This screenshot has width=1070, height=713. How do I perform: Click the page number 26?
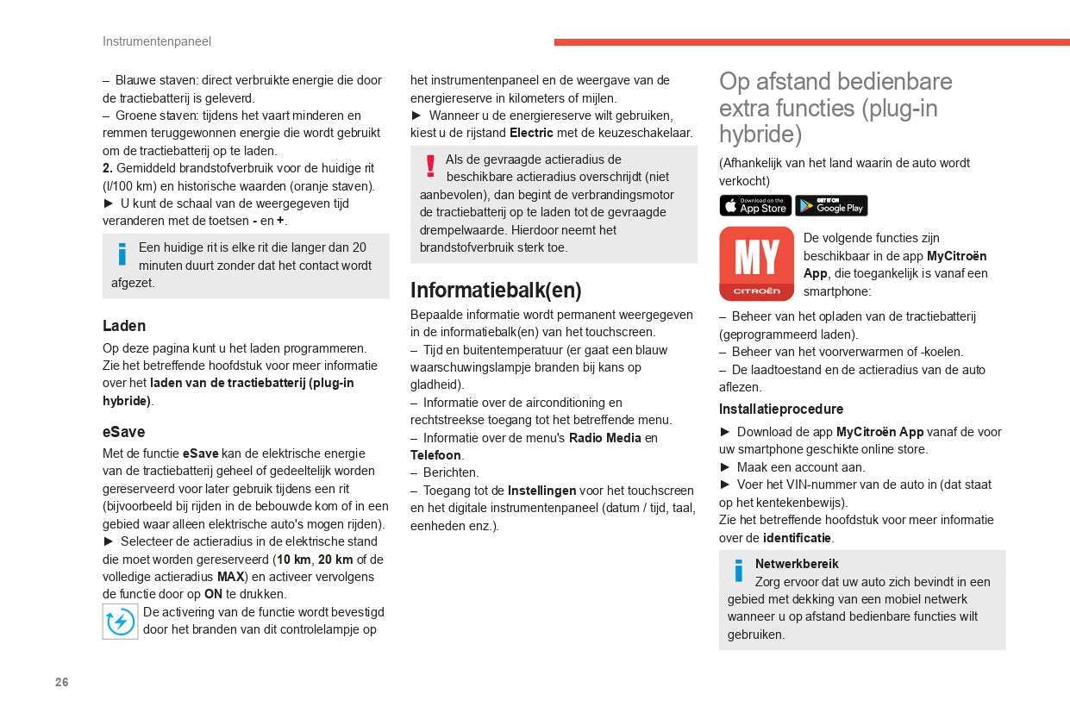[x=61, y=682]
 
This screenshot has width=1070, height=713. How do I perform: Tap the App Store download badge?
[x=755, y=206]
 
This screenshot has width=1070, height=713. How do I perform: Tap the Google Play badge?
[x=831, y=206]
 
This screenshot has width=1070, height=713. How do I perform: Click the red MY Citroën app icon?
[x=756, y=264]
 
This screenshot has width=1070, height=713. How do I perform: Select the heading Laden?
[x=124, y=326]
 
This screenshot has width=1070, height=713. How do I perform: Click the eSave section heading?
[x=124, y=432]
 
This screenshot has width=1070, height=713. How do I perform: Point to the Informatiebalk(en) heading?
[x=496, y=290]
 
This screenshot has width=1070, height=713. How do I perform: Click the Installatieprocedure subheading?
[x=781, y=409]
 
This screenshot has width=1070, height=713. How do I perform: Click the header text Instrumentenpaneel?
[x=157, y=41]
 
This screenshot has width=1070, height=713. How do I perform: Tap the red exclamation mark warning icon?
[x=430, y=166]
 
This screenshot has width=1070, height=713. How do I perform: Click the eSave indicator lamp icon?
[x=120, y=622]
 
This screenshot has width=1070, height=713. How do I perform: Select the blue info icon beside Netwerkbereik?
[x=738, y=571]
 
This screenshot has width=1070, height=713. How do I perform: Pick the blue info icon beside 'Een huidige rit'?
[x=122, y=254]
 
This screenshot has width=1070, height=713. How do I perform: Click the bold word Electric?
[x=531, y=133]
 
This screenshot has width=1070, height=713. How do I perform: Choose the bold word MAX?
[x=230, y=577]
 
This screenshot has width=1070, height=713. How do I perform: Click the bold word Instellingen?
[x=541, y=491]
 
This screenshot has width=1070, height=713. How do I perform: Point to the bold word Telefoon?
[x=435, y=455]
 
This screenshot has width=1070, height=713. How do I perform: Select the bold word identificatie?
[x=797, y=538]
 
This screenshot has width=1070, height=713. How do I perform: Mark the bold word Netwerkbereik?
[x=797, y=564]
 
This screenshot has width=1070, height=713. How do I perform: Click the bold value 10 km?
[x=293, y=560]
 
